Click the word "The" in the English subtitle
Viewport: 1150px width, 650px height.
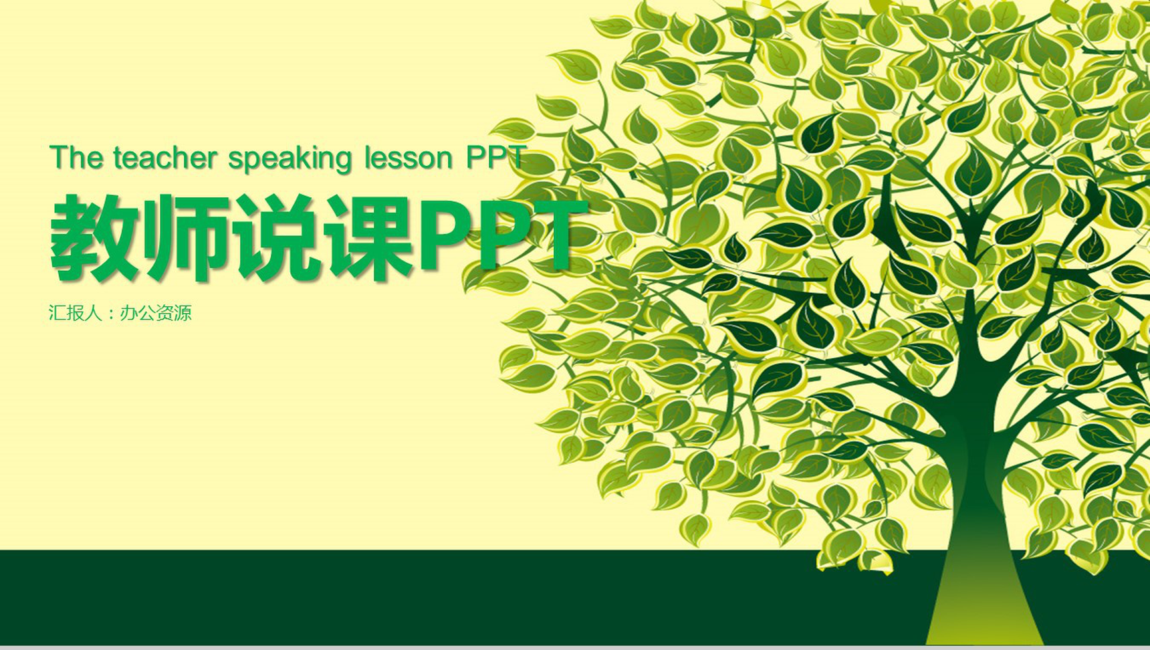76,158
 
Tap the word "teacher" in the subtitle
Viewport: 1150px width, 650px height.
165,158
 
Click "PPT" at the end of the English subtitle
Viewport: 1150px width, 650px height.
495,158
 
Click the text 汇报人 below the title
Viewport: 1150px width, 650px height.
76,312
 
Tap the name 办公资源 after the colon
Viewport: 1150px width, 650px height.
156,312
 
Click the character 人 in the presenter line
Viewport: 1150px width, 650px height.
93,312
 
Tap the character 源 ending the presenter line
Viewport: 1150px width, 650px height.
183,312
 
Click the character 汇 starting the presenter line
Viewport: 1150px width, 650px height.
57,312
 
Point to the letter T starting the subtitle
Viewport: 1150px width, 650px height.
59,158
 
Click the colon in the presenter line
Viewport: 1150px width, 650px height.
111,313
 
